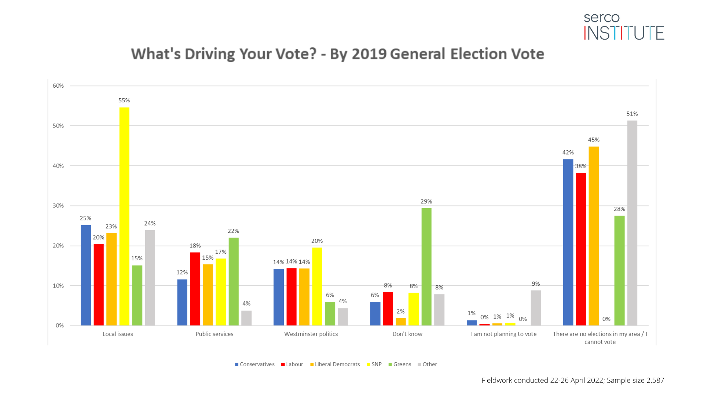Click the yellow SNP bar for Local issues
(x=124, y=216)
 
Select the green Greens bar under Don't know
(x=426, y=267)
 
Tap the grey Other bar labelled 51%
(x=632, y=223)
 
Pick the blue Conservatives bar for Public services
(x=182, y=302)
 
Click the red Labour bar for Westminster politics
(x=291, y=297)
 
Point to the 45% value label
(x=594, y=140)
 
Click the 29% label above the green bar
(x=426, y=201)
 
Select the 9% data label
(x=536, y=283)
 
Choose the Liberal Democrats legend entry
(x=335, y=364)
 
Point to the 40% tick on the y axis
(x=58, y=166)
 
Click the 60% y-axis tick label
(x=58, y=86)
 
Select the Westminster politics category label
(x=311, y=334)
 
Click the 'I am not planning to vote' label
(x=503, y=334)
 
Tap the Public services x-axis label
(x=214, y=334)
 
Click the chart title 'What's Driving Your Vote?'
(x=337, y=54)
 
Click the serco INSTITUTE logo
(x=624, y=27)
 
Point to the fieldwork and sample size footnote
(x=572, y=380)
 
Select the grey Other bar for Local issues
(x=150, y=278)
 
